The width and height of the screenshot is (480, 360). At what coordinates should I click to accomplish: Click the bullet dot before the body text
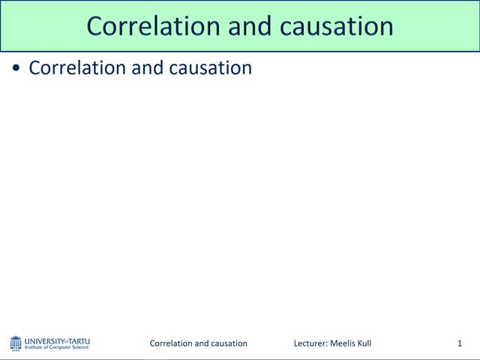coord(17,68)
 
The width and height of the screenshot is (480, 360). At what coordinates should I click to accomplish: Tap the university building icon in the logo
coord(16,343)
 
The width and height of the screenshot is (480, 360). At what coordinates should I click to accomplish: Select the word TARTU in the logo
coord(79,340)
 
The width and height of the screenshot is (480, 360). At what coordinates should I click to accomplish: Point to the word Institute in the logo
coord(35,347)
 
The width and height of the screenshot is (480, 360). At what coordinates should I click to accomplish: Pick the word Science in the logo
coord(80,347)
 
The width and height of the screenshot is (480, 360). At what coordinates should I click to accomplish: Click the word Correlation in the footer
coord(172,343)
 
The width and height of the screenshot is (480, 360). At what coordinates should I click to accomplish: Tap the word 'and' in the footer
coord(203,343)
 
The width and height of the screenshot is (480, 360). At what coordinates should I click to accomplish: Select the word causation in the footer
coord(230,343)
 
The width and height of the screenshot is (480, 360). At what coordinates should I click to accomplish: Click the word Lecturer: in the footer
coord(310,343)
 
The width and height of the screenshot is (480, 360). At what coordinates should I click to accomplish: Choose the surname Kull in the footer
coord(364,343)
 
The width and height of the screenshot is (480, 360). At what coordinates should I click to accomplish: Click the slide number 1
coord(459,343)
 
